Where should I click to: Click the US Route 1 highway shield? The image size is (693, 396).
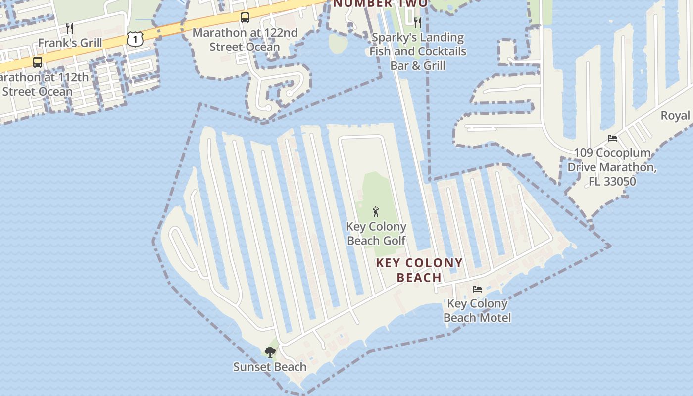coord(135,39)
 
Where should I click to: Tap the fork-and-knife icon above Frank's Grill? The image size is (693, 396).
coord(70,28)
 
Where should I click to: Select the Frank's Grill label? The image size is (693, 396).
coord(70,43)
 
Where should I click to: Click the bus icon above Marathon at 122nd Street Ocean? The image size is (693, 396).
coord(245,18)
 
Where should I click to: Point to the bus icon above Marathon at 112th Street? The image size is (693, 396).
coord(38,62)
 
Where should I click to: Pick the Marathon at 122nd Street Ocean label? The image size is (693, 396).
coord(245,40)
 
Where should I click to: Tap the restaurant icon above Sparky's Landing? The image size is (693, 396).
coord(417,22)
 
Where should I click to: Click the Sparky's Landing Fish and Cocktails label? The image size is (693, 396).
coord(418,51)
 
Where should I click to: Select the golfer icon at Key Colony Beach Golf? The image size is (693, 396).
coord(376,212)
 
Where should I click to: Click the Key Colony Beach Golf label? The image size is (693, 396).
coord(376,234)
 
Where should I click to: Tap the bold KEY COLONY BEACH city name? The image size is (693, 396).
coord(419,270)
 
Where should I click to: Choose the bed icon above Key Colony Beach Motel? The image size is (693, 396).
coord(477,289)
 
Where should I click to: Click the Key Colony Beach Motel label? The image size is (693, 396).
coord(477,310)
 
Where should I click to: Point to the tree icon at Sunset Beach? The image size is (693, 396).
coord(270,352)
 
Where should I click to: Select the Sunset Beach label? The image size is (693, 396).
coord(270,367)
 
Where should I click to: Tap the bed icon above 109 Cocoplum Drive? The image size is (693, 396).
coord(612,138)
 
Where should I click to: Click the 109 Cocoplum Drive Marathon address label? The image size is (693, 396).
coord(612,167)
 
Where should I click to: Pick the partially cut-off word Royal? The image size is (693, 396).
coord(676,116)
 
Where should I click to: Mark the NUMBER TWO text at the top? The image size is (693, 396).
coord(380,4)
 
